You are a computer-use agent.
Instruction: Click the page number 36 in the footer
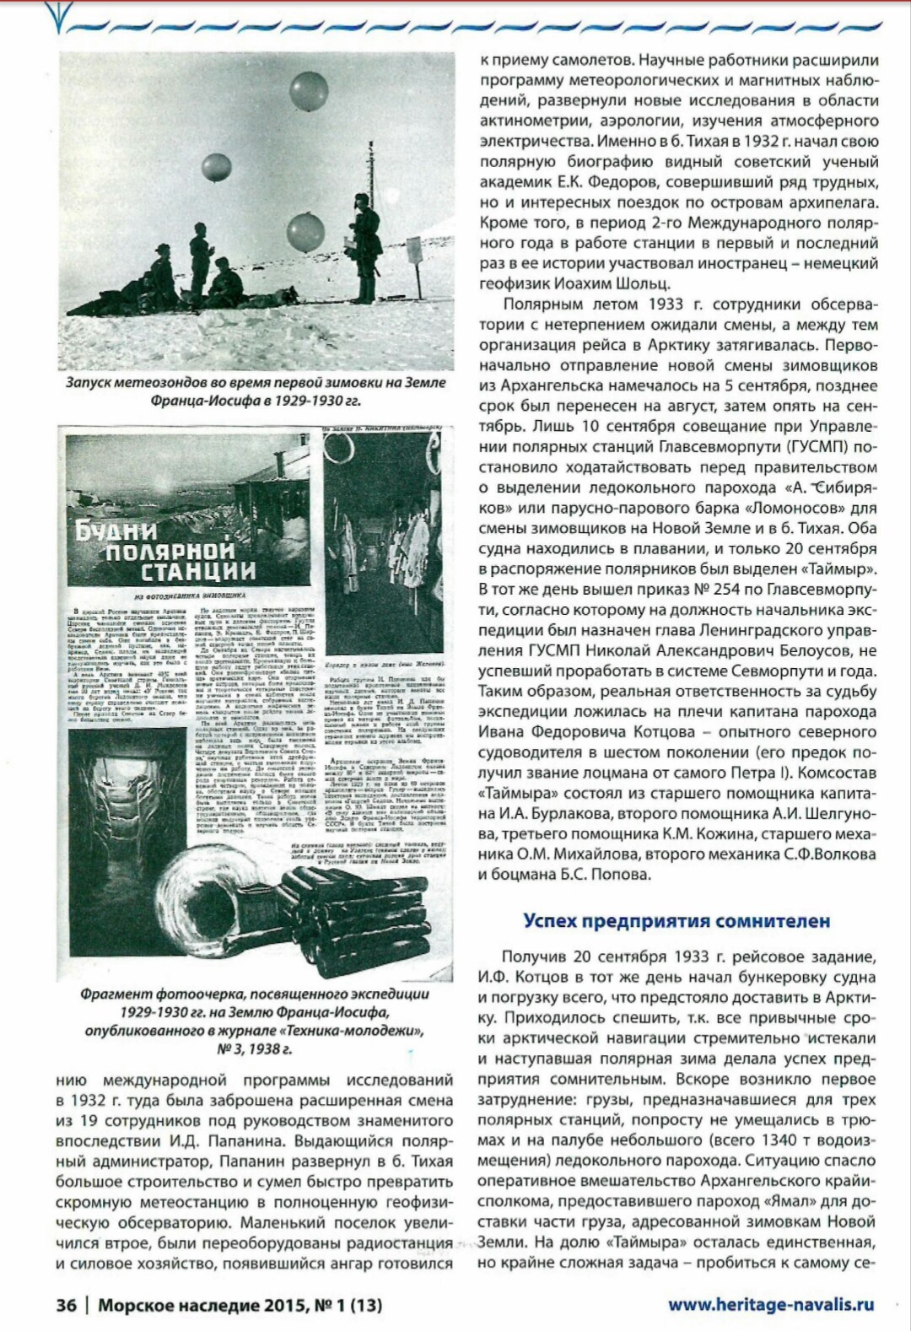[66, 1305]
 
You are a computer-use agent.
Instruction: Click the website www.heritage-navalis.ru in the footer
[771, 1304]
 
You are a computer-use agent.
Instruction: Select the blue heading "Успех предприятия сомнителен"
[677, 920]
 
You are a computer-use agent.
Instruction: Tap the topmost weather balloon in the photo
[308, 91]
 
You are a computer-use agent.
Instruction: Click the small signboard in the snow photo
[413, 251]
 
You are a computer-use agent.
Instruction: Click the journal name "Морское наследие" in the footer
[181, 1305]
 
